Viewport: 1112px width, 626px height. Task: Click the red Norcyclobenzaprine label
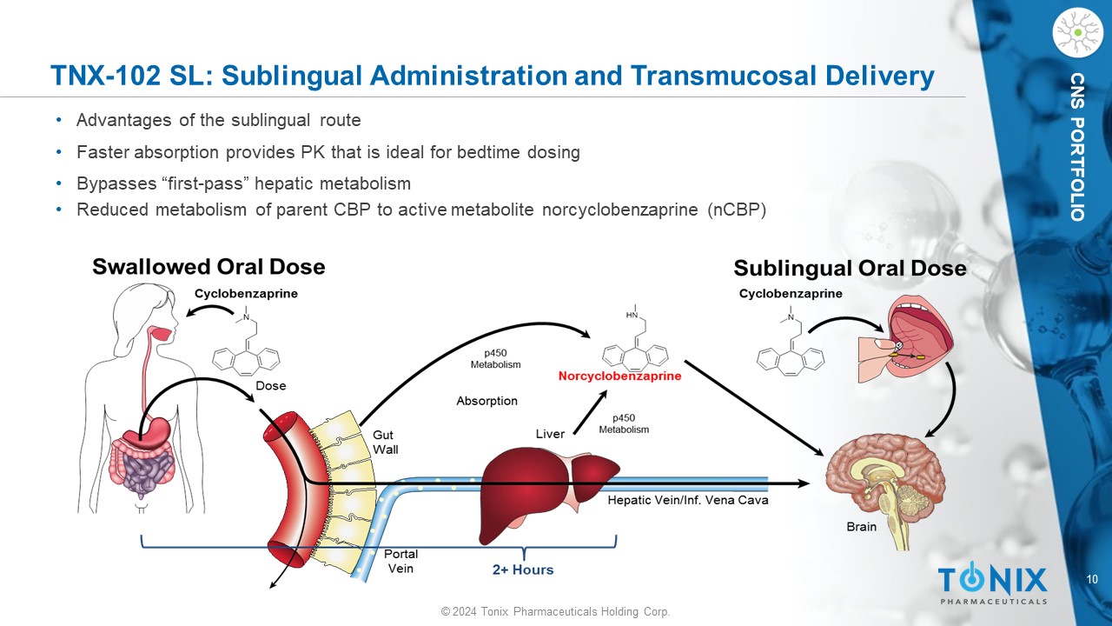pos(619,376)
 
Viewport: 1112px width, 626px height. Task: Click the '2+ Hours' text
pos(523,569)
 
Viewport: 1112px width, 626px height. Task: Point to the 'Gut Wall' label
pos(386,442)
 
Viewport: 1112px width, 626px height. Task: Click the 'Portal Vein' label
pos(400,561)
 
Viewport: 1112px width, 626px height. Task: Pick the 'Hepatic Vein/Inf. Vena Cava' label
pos(687,500)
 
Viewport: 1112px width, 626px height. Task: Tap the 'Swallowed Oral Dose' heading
pos(208,267)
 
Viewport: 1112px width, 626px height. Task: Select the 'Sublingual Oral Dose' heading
pos(850,268)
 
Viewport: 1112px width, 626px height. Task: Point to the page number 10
pos(1092,580)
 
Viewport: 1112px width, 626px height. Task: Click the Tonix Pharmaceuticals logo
pos(992,583)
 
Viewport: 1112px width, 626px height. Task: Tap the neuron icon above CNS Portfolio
pos(1077,33)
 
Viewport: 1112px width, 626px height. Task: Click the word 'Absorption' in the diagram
pos(486,401)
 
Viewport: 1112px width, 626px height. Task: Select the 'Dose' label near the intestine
pos(270,385)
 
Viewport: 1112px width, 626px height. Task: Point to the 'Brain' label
pos(861,527)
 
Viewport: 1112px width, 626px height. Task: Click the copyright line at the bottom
pos(555,612)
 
